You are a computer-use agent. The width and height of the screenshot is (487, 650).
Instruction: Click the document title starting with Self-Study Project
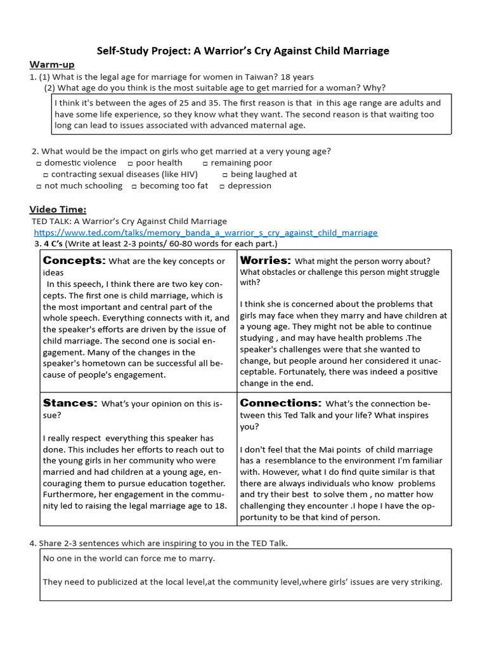pyautogui.click(x=243, y=50)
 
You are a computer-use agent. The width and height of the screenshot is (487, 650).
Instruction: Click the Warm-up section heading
pyautogui.click(x=48, y=65)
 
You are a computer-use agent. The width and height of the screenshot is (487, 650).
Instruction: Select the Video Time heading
pyautogui.click(x=58, y=209)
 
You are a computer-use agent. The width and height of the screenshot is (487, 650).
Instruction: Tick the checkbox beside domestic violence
pyautogui.click(x=39, y=163)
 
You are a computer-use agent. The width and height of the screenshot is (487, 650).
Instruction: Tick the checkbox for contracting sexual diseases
pyautogui.click(x=45, y=175)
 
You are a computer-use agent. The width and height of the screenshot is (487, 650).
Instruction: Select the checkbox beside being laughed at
pyautogui.click(x=225, y=175)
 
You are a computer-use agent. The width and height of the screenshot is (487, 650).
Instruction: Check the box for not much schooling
pyautogui.click(x=39, y=186)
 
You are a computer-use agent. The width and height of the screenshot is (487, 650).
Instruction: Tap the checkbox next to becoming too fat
pyautogui.click(x=134, y=186)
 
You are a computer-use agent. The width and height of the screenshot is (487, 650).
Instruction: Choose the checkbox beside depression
pyautogui.click(x=222, y=186)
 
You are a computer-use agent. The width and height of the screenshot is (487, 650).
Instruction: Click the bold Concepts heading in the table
pyautogui.click(x=74, y=260)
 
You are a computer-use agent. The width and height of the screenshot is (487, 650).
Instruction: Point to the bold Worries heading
pyautogui.click(x=266, y=260)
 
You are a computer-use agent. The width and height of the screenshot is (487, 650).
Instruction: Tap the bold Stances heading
pyautogui.click(x=70, y=403)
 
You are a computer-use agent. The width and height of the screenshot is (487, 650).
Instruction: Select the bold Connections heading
pyautogui.click(x=280, y=403)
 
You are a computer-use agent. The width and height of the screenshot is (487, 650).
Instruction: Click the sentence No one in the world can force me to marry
pyautogui.click(x=129, y=558)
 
